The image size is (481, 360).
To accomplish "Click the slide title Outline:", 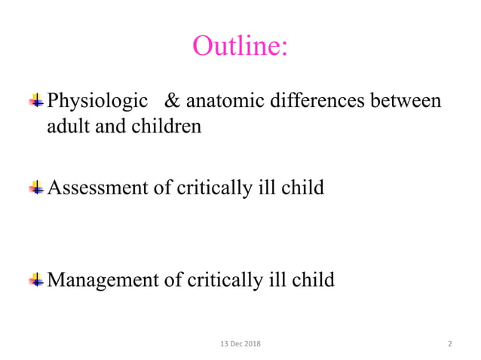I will coord(240,46).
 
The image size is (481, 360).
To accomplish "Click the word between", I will coord(405,100).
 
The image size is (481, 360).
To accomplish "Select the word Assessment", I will coord(99,188).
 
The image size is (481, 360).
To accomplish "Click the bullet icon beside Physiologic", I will coord(36,101).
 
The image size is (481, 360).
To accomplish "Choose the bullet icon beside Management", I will coord(36,282).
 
